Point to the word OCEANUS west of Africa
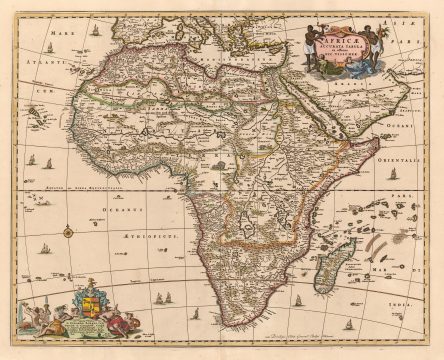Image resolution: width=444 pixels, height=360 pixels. pos(117,211)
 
